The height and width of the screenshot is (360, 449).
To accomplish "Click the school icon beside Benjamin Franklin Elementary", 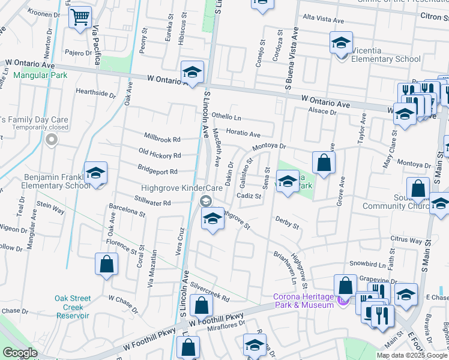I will coord(95,174).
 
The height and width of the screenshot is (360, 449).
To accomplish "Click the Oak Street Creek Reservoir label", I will coord(72,307).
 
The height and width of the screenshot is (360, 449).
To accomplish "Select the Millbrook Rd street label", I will coord(161,139).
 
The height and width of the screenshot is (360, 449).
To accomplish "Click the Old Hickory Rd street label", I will coord(159,155).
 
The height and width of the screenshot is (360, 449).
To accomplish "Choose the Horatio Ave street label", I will coord(243,134).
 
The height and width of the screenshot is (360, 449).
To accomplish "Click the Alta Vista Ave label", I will coord(324,20).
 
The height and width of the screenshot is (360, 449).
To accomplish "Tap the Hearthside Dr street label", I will coord(95,94).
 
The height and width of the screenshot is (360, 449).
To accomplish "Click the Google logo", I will coord(20,353).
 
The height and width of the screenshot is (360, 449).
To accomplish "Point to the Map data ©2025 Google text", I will coord(412,355).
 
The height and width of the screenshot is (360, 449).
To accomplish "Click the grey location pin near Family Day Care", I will coord(52,141).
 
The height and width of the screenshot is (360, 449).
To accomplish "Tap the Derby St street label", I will coord(287,223).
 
